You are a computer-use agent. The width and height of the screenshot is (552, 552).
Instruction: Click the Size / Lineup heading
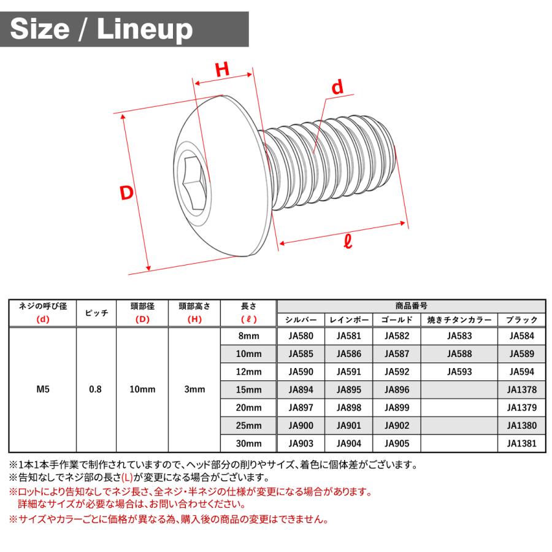click(102, 29)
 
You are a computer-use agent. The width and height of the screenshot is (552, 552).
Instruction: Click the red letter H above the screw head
click(222, 69)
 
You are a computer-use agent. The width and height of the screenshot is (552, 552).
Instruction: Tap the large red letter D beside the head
click(126, 193)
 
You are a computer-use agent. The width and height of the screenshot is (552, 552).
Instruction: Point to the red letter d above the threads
click(337, 88)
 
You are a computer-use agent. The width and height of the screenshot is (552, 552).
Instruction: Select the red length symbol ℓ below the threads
click(348, 241)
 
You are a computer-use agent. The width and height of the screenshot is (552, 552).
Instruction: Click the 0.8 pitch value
click(95, 389)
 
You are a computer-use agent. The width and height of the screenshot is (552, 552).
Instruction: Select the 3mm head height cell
click(194, 389)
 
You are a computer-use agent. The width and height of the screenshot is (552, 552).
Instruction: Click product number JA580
click(301, 336)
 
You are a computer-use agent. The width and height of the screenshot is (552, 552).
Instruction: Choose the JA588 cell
click(460, 354)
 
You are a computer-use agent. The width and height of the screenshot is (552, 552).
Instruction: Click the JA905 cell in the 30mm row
click(397, 443)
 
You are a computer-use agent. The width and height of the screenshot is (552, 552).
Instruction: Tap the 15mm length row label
click(249, 389)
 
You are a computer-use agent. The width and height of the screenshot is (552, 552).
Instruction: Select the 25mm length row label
click(249, 426)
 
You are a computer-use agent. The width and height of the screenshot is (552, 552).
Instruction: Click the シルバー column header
click(301, 320)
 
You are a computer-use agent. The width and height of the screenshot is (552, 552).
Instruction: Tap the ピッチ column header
click(95, 312)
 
